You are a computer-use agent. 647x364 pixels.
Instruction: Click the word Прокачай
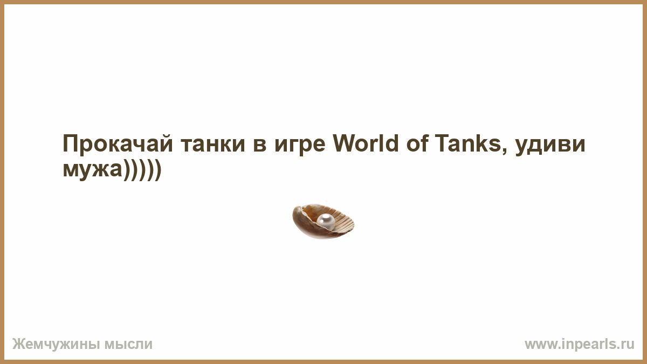(118, 143)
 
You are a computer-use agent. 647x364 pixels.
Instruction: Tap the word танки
(213, 144)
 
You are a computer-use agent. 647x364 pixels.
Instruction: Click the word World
(366, 143)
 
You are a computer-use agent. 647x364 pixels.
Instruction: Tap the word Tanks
(467, 143)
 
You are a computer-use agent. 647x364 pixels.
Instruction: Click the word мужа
(92, 171)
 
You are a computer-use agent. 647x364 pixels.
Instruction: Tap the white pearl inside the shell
(326, 222)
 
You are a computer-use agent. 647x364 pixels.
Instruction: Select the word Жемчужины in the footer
(54, 345)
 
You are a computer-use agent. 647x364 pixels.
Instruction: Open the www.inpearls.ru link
(580, 345)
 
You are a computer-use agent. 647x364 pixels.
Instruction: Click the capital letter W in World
(345, 143)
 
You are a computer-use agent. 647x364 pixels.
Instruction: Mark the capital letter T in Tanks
(442, 143)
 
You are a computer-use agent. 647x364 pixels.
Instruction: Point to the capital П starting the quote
(70, 143)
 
